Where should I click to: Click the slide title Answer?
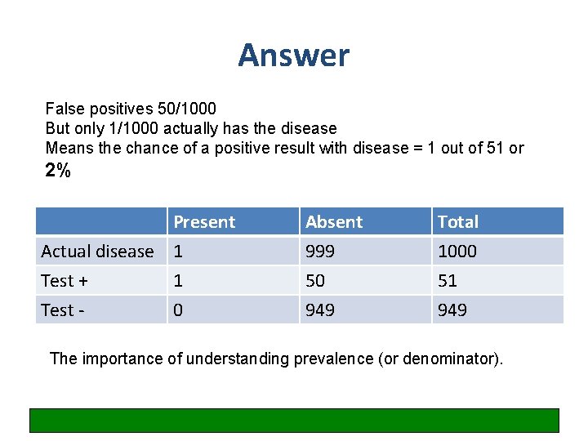pos(293,56)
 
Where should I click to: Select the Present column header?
pos(204,222)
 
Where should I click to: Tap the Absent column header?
pos(334,222)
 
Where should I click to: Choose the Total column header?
pos(458,222)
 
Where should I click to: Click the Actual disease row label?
pos(97,252)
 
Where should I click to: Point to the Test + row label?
pos(65,281)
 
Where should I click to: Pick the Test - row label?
pos(63,310)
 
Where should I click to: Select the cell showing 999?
pos(320,252)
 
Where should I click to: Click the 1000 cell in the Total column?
pos(457,252)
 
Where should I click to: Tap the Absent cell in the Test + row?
pos(315,281)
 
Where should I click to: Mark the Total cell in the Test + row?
pos(448,281)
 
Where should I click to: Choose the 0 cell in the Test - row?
pos(179,310)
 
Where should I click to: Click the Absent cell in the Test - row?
pos(320,310)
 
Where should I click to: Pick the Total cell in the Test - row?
pos(452,310)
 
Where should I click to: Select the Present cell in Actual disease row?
pos(179,252)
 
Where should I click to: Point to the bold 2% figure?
pos(58,171)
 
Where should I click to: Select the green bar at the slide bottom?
pos(294,420)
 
